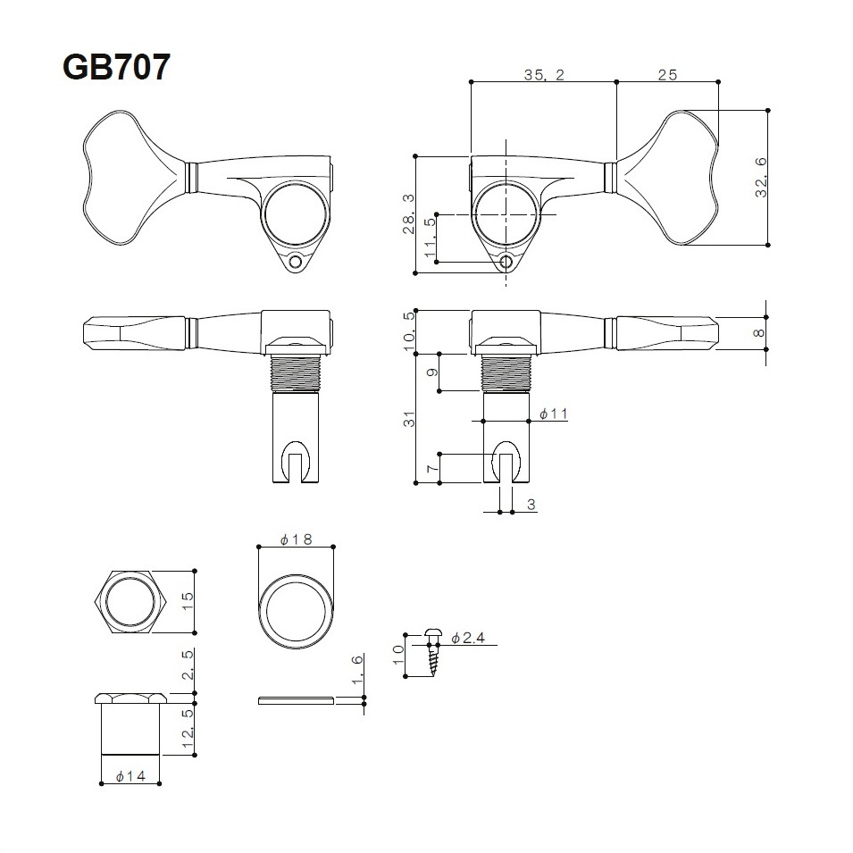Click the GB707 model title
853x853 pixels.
point(115,67)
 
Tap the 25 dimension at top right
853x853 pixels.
point(666,76)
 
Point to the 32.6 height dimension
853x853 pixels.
point(761,177)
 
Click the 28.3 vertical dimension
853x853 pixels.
point(408,214)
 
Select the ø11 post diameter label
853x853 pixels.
point(554,414)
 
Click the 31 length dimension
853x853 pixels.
point(408,419)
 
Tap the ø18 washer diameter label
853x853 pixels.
point(294,539)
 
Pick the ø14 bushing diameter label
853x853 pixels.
point(130,777)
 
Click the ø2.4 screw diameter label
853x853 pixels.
point(467,638)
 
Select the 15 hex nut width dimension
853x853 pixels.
point(186,598)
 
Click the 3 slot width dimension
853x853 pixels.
point(531,505)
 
